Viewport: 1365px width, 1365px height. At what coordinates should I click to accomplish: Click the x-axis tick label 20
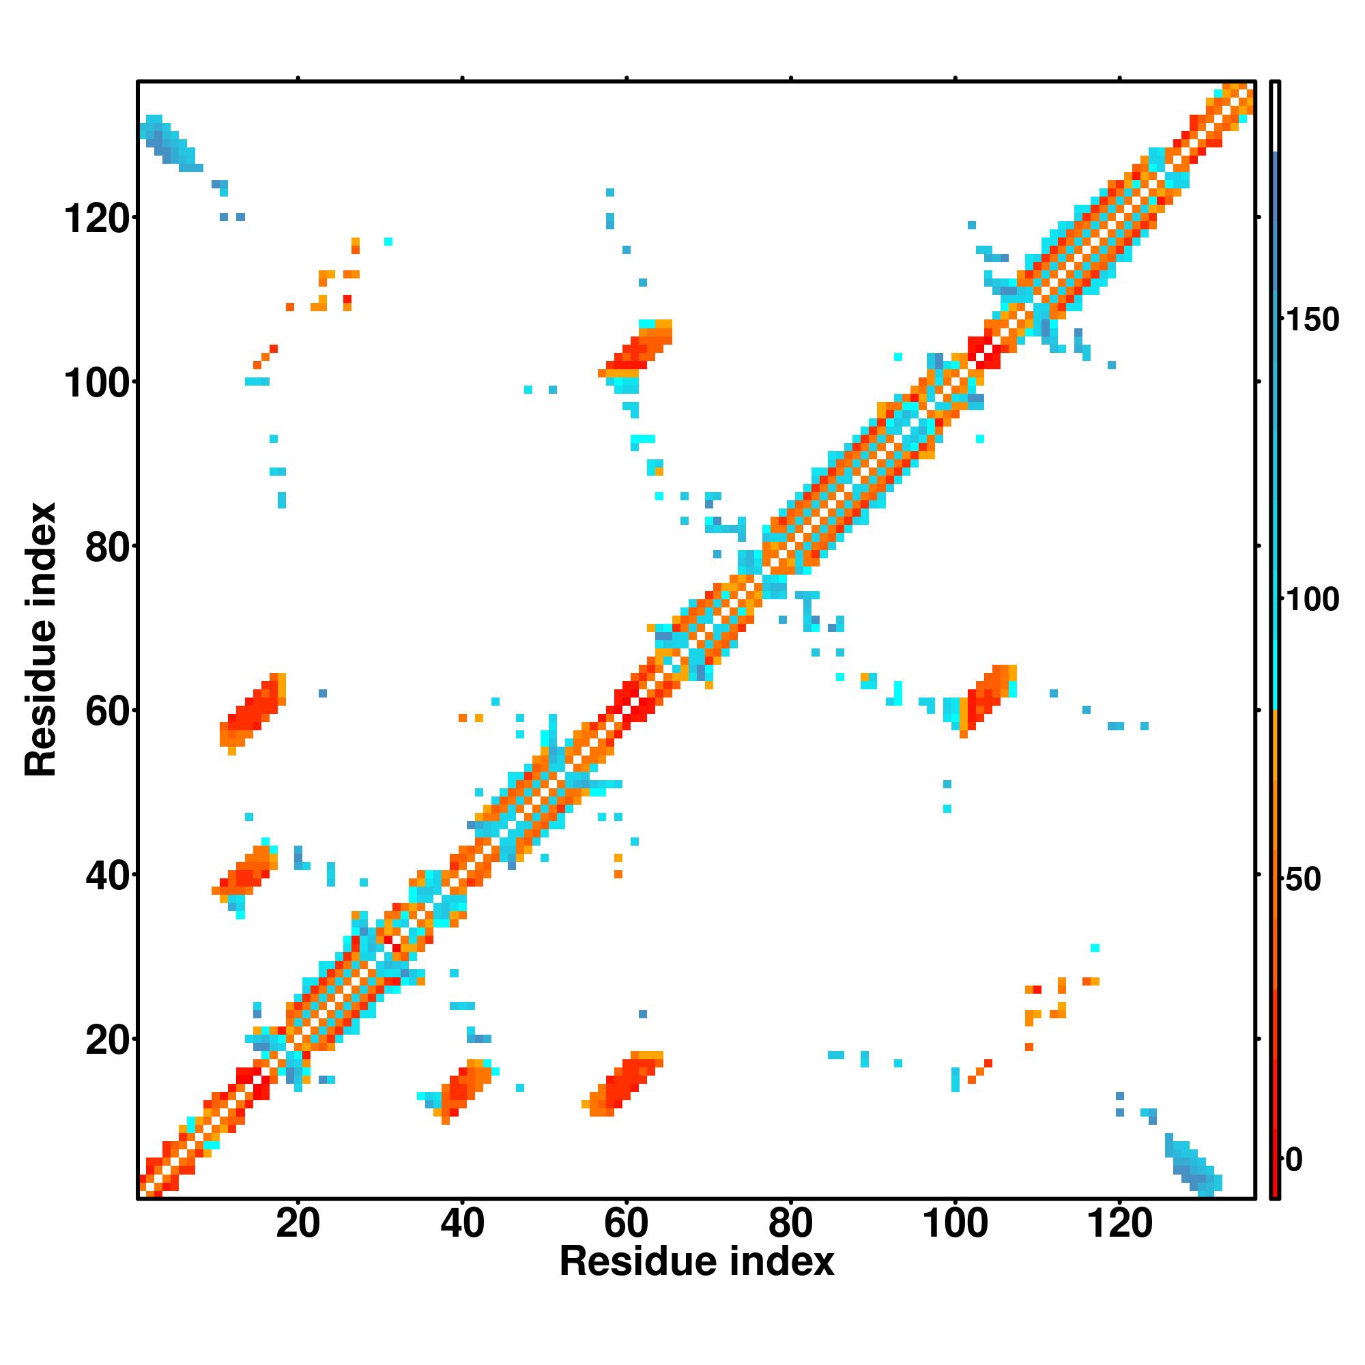(x=298, y=1223)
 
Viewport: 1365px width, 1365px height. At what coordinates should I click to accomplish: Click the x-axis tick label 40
(x=462, y=1223)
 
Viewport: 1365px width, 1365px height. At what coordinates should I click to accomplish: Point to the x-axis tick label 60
(x=626, y=1223)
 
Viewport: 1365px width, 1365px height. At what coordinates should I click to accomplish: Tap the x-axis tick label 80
(x=790, y=1223)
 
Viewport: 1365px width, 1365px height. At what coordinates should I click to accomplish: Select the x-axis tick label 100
(x=955, y=1223)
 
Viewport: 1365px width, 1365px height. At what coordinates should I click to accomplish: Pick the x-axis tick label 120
(x=1119, y=1223)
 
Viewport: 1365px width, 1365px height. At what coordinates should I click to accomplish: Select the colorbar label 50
(x=1304, y=880)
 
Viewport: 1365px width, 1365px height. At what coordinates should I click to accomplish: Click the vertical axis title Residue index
(x=40, y=640)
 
